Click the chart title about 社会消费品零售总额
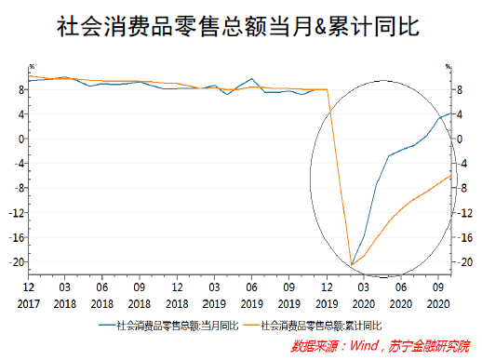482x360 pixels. tap(240, 27)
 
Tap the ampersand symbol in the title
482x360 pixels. tap(341, 28)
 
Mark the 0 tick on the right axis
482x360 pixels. tap(457, 139)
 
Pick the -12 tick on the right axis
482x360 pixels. tap(460, 212)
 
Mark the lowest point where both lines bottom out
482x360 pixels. tap(352, 265)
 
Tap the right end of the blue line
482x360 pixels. tap(451, 113)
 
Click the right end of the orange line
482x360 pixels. tap(451, 176)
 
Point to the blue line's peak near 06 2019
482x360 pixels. tap(252, 79)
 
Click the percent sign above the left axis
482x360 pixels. tap(31, 67)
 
